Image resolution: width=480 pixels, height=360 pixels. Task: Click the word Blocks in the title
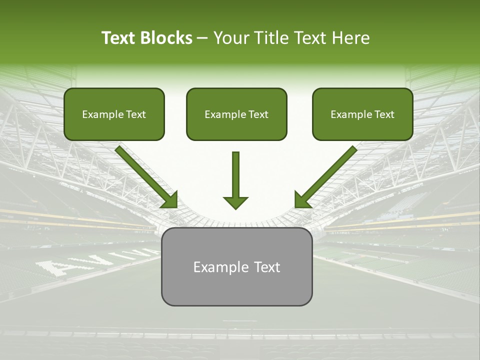tap(166, 38)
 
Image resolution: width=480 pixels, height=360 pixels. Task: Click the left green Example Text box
tap(114, 114)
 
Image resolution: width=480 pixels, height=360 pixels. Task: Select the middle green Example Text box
tap(236, 114)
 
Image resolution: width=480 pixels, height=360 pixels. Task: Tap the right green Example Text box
tap(362, 114)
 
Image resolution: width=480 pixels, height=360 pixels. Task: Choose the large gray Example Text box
tap(236, 266)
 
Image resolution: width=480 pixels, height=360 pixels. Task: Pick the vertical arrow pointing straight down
tap(235, 180)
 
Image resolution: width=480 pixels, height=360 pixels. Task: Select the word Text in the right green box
tap(384, 114)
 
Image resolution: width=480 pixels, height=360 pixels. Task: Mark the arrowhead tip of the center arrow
tap(235, 208)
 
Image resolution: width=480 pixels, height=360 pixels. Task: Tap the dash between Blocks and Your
tap(202, 38)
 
